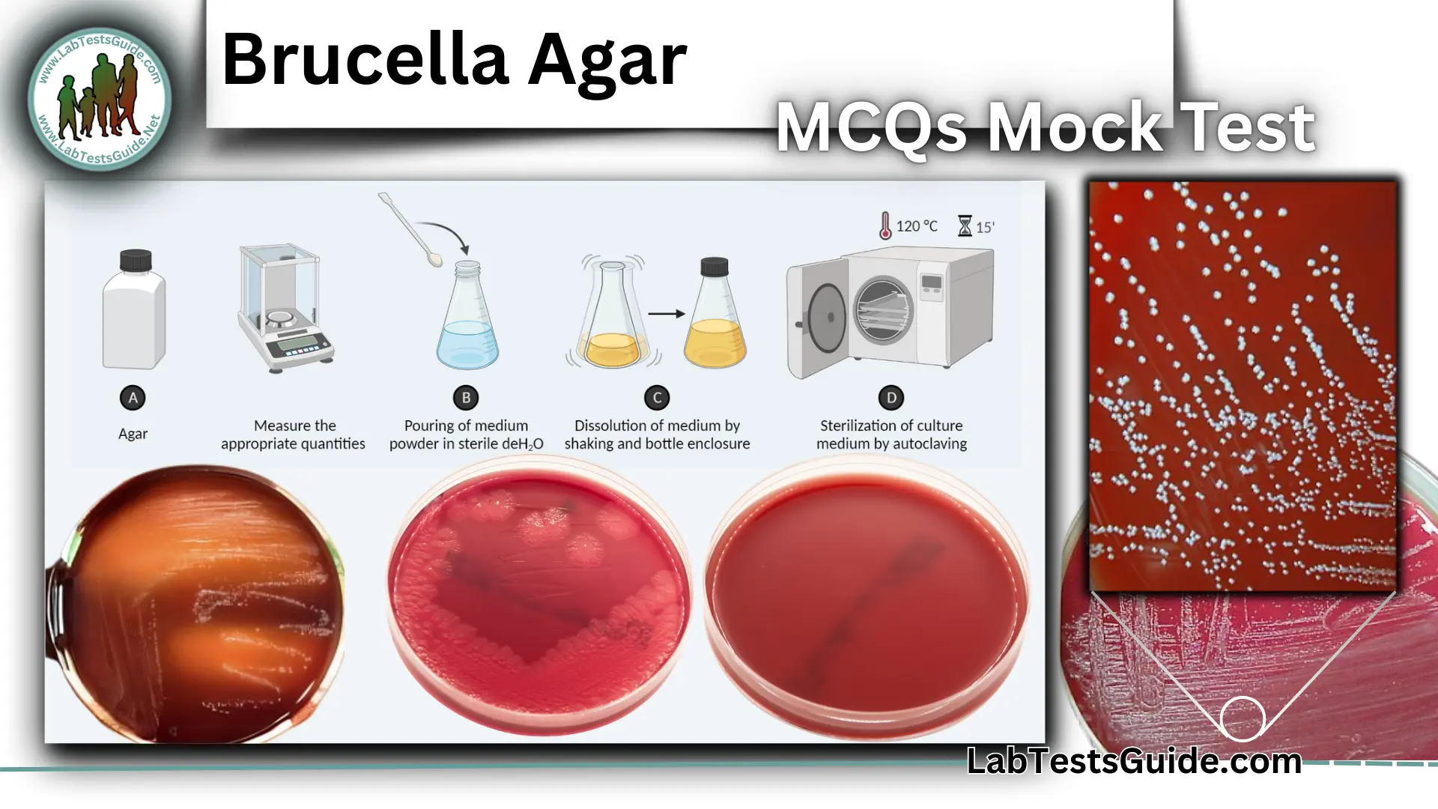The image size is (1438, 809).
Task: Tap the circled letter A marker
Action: click(x=133, y=398)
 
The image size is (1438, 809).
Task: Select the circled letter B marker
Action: click(x=466, y=398)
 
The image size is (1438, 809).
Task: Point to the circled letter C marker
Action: click(x=657, y=398)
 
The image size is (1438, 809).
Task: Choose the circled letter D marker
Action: click(x=891, y=398)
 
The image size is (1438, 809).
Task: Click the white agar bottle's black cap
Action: click(x=136, y=261)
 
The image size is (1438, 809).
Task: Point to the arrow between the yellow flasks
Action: click(x=666, y=314)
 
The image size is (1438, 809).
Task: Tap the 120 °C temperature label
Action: click(x=916, y=225)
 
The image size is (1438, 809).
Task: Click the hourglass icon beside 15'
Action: click(x=965, y=225)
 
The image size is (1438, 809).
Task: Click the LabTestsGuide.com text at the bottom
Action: click(x=1134, y=761)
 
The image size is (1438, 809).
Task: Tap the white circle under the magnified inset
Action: click(x=1243, y=718)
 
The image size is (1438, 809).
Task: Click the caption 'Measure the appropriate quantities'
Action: click(x=294, y=434)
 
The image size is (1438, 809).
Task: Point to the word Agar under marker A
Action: click(x=133, y=434)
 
